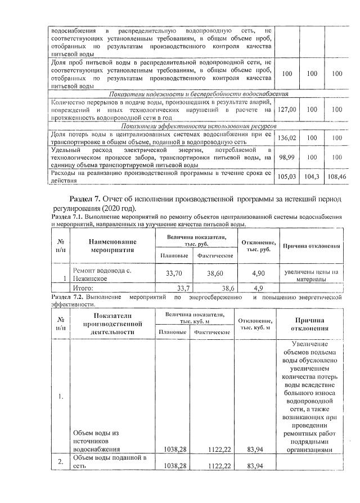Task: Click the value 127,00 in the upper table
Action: (x=287, y=110)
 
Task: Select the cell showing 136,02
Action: (x=287, y=137)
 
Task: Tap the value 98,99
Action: (x=287, y=158)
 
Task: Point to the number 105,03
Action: (x=287, y=177)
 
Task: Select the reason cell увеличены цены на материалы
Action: (x=311, y=275)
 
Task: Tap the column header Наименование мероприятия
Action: (x=113, y=246)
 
